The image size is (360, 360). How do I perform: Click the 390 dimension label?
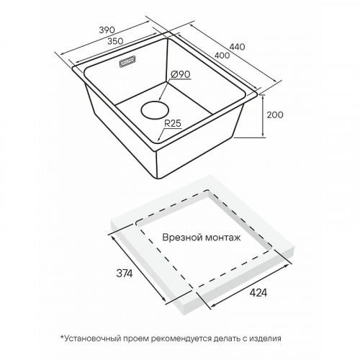[x=107, y=30]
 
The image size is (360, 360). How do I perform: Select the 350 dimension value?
[x=115, y=41]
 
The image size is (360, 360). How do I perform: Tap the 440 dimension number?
[x=237, y=47]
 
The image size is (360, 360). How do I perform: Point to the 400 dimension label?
[x=222, y=55]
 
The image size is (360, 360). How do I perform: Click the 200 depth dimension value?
[x=275, y=115]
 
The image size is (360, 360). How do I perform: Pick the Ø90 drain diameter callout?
[x=181, y=74]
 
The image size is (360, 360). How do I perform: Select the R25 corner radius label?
[x=173, y=124]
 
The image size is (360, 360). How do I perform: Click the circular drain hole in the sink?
[x=155, y=110]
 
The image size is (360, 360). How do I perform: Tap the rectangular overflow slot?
[x=127, y=61]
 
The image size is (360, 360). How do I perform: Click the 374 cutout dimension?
[x=125, y=274]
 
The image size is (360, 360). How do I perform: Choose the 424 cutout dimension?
[x=258, y=292]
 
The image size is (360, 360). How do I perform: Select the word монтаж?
[x=222, y=238]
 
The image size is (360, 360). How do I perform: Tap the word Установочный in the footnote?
[x=92, y=338]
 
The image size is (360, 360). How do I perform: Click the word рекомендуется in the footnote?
[x=181, y=338]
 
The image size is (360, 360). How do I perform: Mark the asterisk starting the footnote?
[x=62, y=337]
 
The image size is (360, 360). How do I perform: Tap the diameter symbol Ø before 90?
[x=174, y=74]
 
